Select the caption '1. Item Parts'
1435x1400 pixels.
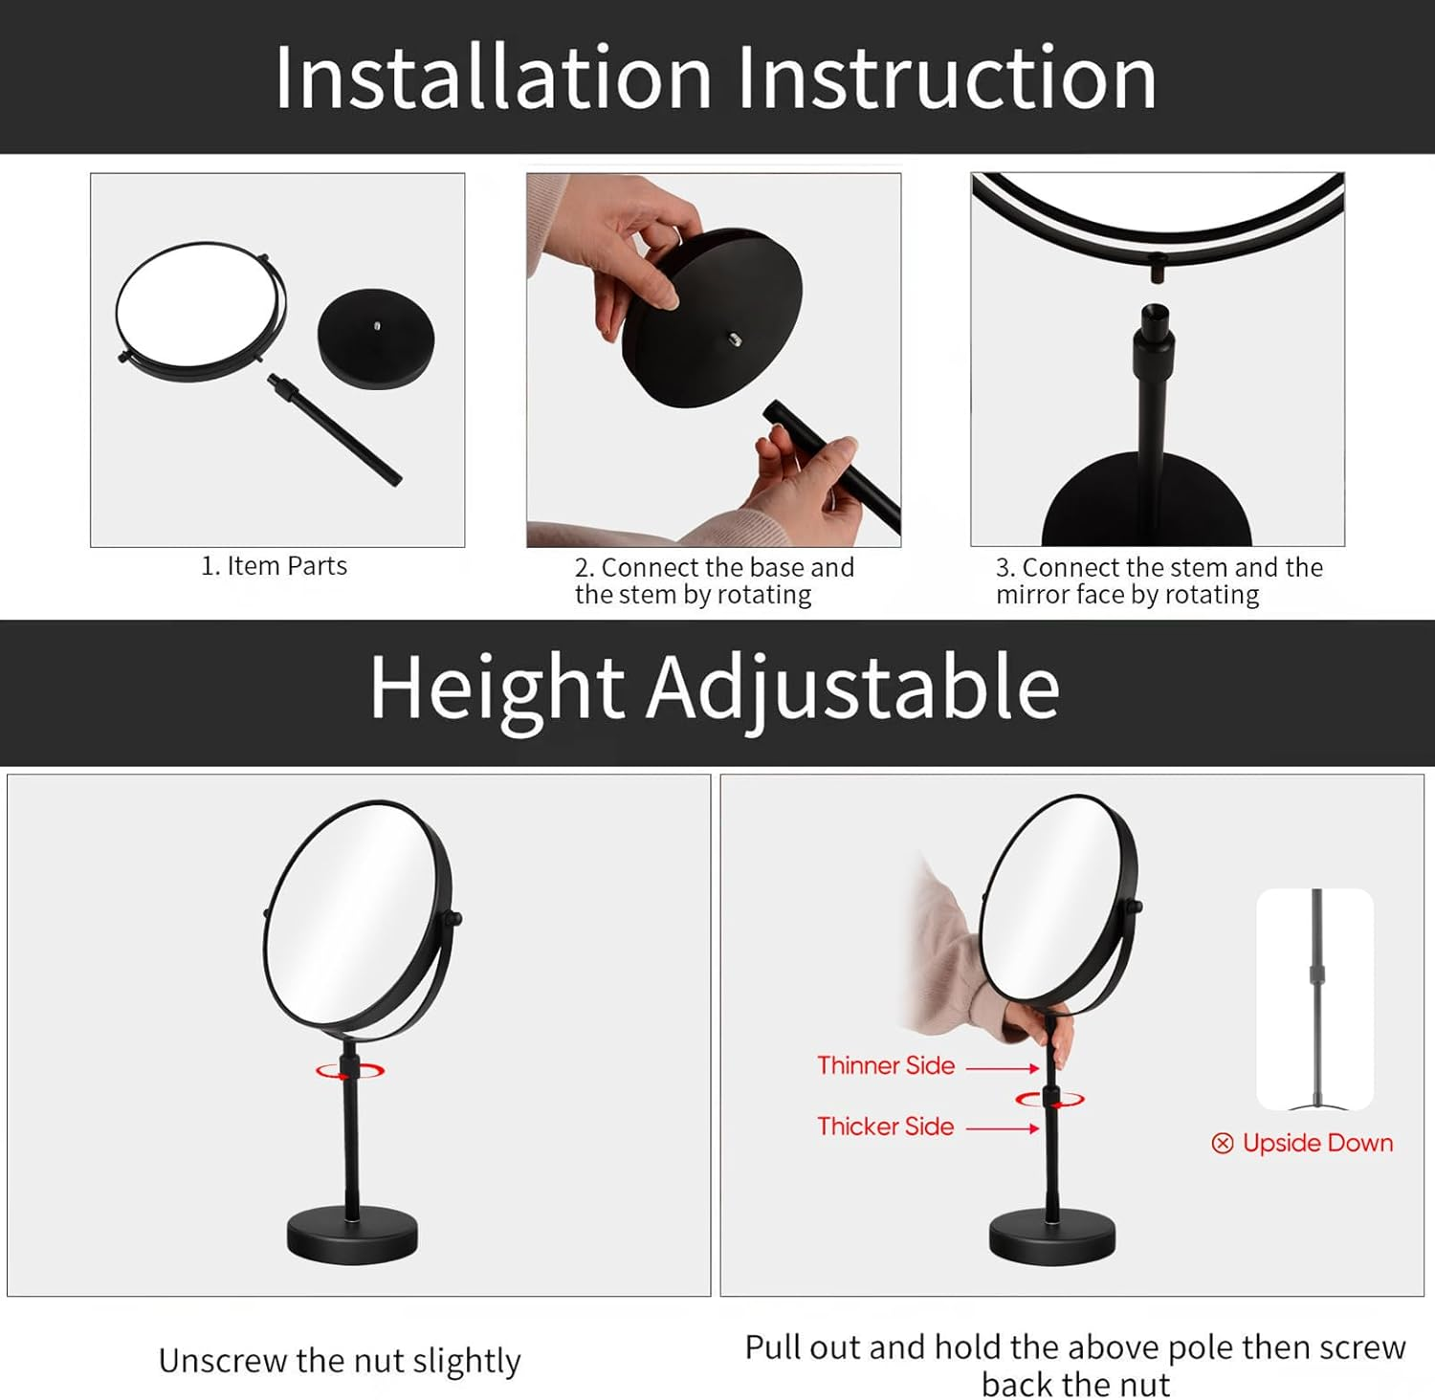coord(274,566)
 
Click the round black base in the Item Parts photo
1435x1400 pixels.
coord(376,339)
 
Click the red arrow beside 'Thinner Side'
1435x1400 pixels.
coord(1002,1068)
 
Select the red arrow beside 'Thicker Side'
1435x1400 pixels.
coord(1002,1128)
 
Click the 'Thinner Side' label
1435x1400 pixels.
coord(886,1065)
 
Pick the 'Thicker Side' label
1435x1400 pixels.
coord(885,1127)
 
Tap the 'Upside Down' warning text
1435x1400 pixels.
coord(1317,1143)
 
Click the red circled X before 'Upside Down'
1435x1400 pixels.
coord(1222,1144)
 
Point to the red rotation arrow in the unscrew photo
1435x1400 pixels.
coord(350,1071)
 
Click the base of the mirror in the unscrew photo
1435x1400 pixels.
coord(352,1236)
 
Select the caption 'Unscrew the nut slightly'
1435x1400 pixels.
coord(340,1360)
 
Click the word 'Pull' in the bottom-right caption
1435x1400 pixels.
coord(772,1347)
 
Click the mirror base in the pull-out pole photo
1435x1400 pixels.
coord(1051,1235)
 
